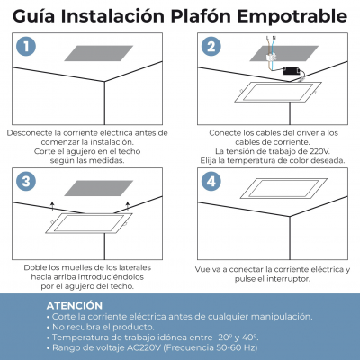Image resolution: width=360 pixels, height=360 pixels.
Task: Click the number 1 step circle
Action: click(26, 47)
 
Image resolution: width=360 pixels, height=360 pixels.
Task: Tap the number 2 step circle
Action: click(211, 47)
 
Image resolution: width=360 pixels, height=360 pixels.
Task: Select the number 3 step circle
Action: click(26, 181)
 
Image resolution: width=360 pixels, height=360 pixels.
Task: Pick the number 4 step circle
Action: click(211, 181)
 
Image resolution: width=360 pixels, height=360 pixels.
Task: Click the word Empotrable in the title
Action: click(292, 16)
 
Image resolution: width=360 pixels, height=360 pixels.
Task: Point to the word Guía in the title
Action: click(33, 16)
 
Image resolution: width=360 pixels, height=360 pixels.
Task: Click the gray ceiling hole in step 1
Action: click(99, 53)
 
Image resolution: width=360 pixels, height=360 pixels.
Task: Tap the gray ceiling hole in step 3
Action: click(99, 188)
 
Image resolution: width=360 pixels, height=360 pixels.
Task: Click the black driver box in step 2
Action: click(292, 71)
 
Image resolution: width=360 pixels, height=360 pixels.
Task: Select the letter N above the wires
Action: click(274, 38)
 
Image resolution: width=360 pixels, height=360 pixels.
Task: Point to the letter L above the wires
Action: click(267, 38)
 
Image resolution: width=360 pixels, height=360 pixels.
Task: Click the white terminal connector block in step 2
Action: click(271, 58)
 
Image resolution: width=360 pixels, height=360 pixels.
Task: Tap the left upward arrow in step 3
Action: click(52, 205)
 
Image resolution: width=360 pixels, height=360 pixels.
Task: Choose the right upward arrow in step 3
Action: click(128, 205)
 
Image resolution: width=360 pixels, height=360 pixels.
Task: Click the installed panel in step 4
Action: click(283, 188)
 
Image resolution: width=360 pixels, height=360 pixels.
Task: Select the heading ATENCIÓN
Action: click(75, 306)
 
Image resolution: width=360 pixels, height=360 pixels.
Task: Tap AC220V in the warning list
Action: click(145, 348)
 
